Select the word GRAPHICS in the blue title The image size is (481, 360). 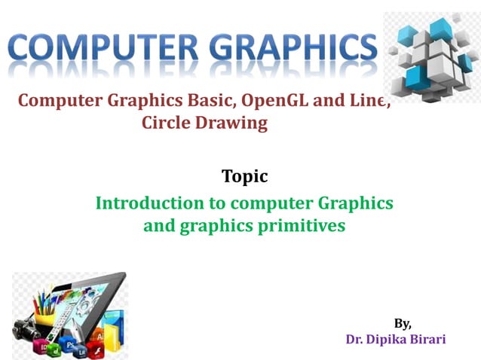(x=290, y=50)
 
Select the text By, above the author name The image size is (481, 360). (x=403, y=323)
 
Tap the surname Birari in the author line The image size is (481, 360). (x=430, y=339)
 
